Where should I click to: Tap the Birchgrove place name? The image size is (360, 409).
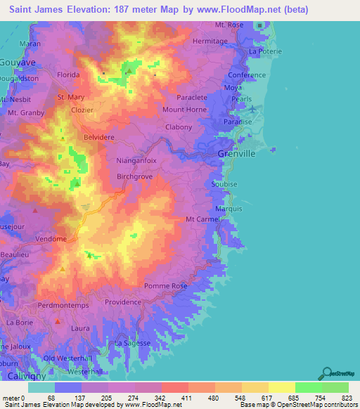coord(135,178)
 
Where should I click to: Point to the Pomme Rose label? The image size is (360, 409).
coord(165,286)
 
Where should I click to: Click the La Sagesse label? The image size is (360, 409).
coord(133,342)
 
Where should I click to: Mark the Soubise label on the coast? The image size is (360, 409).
coord(224,184)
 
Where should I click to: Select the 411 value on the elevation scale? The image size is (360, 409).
coord(174,398)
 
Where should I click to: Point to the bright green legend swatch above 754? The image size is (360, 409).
coord(309,387)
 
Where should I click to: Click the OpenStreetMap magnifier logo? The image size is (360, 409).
coord(328,372)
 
